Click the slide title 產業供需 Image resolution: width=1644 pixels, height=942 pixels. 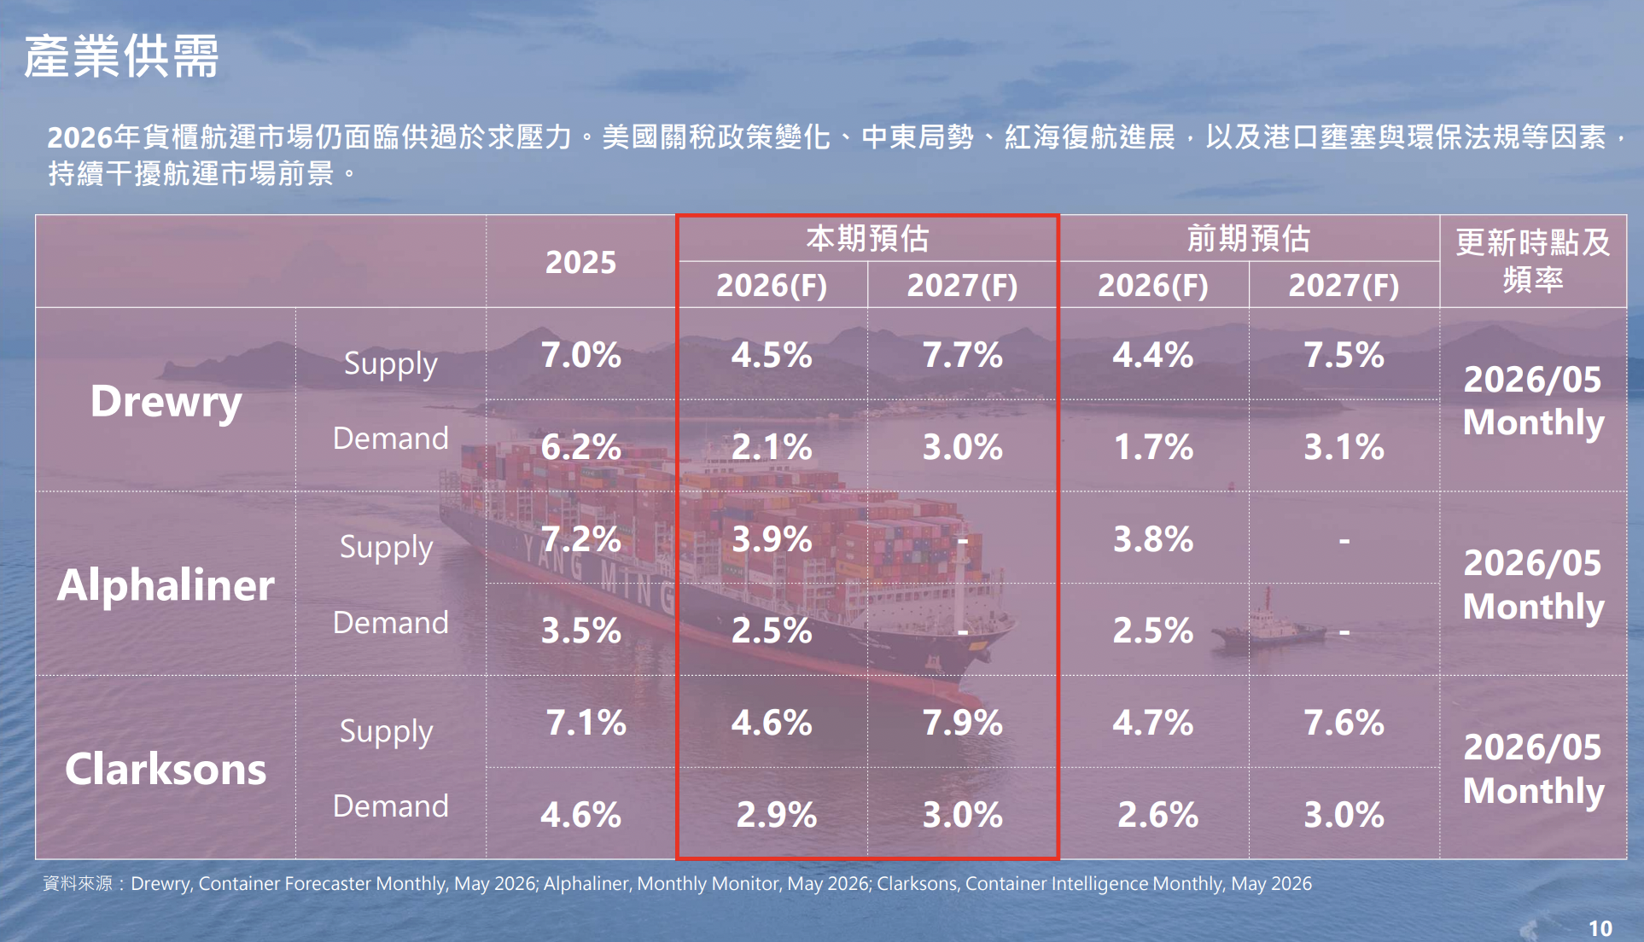(121, 56)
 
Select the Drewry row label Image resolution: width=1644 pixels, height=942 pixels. (166, 401)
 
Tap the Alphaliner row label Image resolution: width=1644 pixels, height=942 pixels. (166, 585)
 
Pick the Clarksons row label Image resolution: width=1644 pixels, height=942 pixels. (166, 770)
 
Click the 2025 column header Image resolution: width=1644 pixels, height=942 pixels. (580, 262)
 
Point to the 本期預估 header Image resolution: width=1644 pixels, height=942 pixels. (867, 238)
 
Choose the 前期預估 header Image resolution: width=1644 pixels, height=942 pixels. (1249, 238)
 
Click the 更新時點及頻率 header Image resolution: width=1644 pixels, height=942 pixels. (1533, 260)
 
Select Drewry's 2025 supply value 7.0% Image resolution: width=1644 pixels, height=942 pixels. (580, 355)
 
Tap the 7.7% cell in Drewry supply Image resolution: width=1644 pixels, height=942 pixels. (962, 355)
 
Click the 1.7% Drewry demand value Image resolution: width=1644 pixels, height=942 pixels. (1153, 447)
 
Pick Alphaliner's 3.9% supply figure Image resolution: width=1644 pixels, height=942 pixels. (772, 539)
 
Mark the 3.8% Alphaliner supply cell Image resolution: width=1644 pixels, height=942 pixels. (1153, 539)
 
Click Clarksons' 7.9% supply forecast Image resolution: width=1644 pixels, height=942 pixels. (962, 724)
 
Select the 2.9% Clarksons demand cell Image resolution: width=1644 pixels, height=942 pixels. (777, 816)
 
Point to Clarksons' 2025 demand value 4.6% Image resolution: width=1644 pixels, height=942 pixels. (580, 816)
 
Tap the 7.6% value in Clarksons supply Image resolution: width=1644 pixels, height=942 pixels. (1344, 724)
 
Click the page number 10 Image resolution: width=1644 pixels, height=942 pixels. (1600, 928)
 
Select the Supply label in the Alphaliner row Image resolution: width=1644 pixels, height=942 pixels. (387, 548)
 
